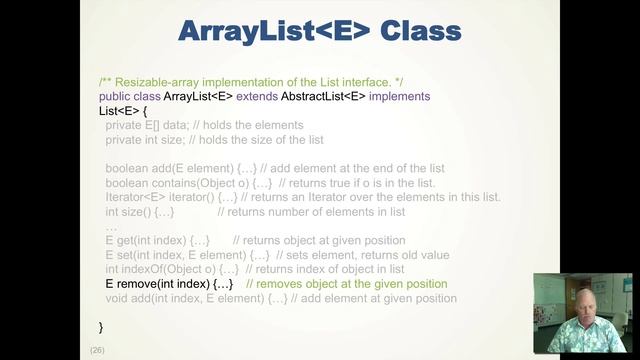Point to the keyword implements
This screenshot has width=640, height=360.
coord(400,96)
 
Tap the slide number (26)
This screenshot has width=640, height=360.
coord(97,349)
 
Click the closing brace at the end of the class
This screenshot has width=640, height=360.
coord(101,326)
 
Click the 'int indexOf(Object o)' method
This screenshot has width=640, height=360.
coord(160,269)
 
